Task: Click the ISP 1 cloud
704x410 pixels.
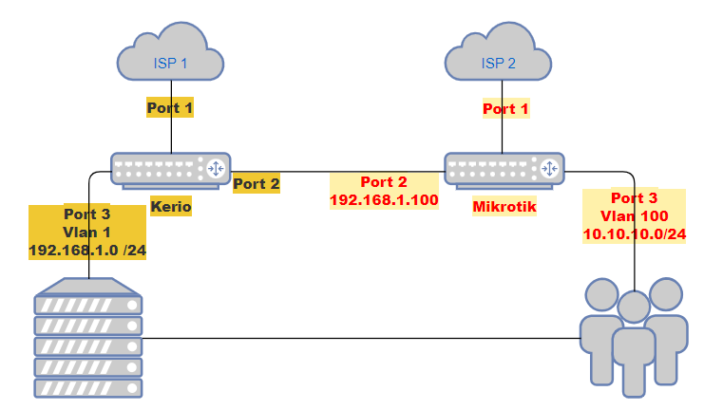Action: tap(171, 63)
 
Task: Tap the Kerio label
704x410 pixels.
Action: tap(171, 206)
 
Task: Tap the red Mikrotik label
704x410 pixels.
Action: tap(504, 207)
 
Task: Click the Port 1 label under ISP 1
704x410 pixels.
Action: tap(170, 108)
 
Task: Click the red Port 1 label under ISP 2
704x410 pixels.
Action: tap(505, 109)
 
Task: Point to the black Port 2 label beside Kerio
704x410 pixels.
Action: tap(257, 183)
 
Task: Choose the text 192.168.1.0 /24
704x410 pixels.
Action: tap(86, 252)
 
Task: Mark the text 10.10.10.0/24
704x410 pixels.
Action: tap(633, 233)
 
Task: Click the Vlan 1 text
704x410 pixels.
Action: tap(86, 233)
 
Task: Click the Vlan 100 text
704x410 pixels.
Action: tap(633, 215)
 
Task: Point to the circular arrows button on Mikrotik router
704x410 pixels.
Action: tap(549, 169)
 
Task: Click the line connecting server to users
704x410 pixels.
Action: tap(361, 338)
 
